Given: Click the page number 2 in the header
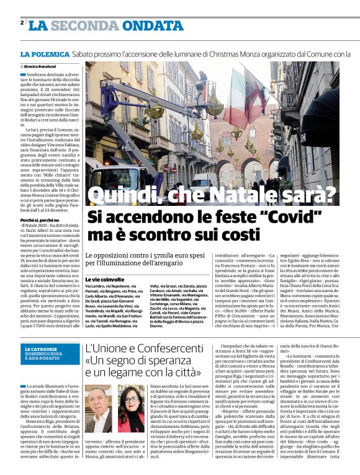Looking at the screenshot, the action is pos(22,23).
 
